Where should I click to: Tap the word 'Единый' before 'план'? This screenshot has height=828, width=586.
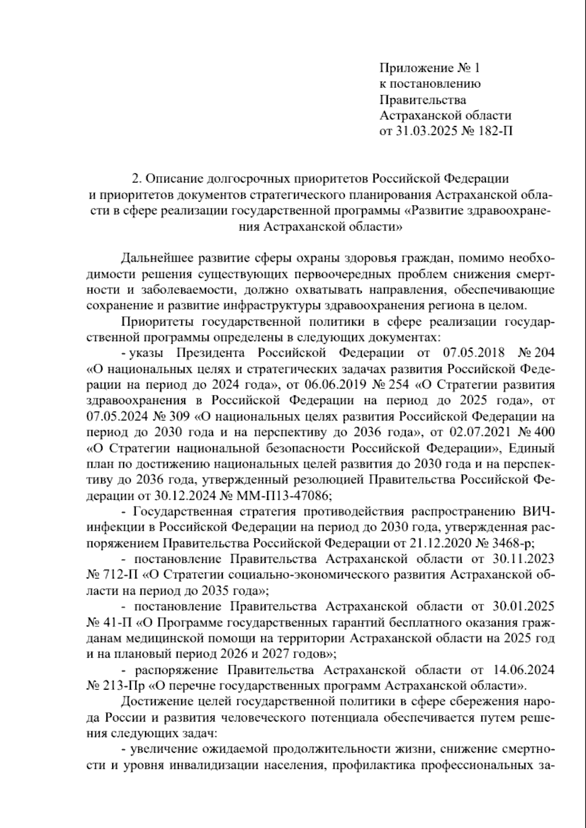(x=535, y=448)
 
